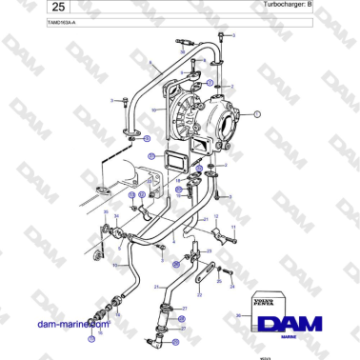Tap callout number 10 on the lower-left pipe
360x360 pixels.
[113, 265]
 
